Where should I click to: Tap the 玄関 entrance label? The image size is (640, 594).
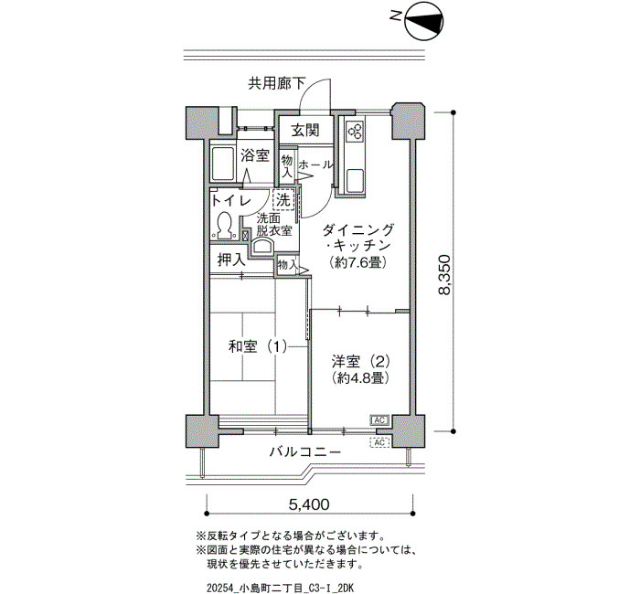click(x=304, y=131)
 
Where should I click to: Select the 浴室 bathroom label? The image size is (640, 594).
click(x=255, y=155)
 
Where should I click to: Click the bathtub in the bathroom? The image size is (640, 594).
click(x=222, y=164)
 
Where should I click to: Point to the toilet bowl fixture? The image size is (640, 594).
click(x=223, y=226)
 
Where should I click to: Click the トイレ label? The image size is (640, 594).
click(x=230, y=200)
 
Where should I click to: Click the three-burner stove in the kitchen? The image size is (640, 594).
click(x=354, y=130)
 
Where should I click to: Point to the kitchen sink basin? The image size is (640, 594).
click(x=355, y=181)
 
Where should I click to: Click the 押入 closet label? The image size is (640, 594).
click(x=231, y=260)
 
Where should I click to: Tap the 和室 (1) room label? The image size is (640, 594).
click(x=258, y=346)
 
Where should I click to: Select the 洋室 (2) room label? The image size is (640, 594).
click(x=360, y=361)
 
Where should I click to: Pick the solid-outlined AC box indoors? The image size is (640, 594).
click(x=379, y=420)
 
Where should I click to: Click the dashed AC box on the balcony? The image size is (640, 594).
click(x=379, y=442)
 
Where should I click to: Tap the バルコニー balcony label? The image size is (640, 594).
click(x=304, y=451)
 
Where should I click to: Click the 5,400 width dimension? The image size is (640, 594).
click(x=309, y=504)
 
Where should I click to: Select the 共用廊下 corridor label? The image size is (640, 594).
click(x=277, y=84)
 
